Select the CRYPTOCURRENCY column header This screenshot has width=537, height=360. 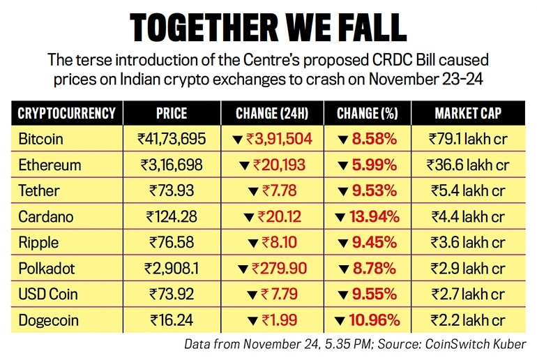[68, 113]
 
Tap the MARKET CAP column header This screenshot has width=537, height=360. [468, 113]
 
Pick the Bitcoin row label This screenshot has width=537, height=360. [40, 139]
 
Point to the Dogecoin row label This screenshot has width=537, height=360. [49, 320]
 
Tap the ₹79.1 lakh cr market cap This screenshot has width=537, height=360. [468, 139]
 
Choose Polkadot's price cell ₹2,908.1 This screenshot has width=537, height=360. [172, 268]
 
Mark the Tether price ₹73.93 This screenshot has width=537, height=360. [172, 190]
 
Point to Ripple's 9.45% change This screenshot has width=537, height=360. [374, 243]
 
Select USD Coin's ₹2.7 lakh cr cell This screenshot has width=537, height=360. [468, 294]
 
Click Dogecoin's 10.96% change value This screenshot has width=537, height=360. [374, 320]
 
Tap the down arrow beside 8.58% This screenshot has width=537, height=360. [342, 140]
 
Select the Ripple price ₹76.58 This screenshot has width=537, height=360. [172, 243]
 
